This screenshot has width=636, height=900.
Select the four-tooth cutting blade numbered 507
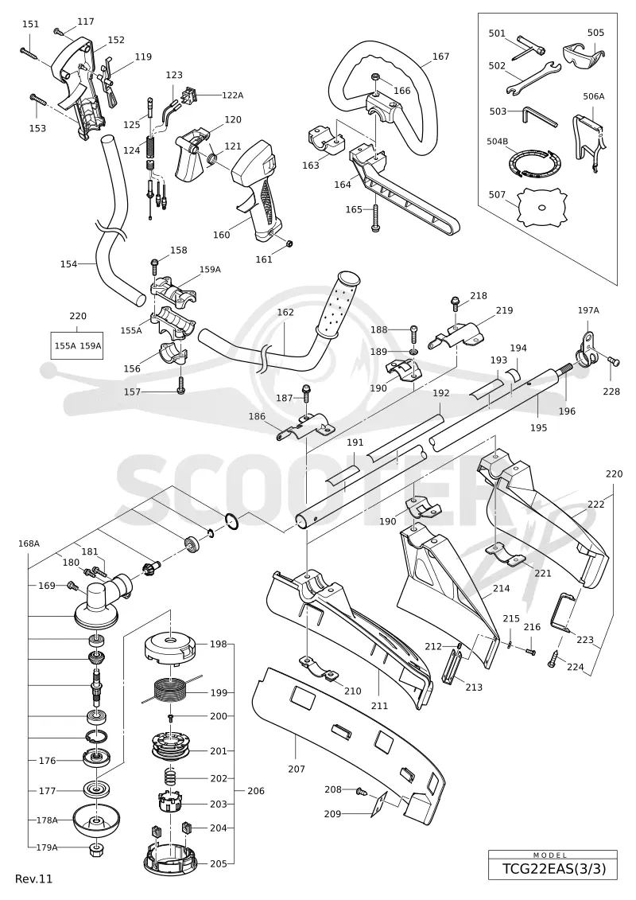[x=541, y=208]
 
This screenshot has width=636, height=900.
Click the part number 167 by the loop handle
[x=440, y=56]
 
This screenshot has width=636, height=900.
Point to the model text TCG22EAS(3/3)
[x=553, y=870]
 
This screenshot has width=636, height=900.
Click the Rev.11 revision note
[x=34, y=879]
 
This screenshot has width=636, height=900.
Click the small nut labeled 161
[x=289, y=244]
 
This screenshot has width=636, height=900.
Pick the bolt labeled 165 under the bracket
[x=375, y=217]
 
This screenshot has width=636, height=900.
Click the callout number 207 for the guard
[x=297, y=769]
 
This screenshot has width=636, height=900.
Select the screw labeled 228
[x=615, y=362]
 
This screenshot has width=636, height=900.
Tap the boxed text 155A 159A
[x=77, y=345]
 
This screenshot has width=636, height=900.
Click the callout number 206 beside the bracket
[x=256, y=791]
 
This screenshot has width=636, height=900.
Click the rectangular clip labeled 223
[x=560, y=611]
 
